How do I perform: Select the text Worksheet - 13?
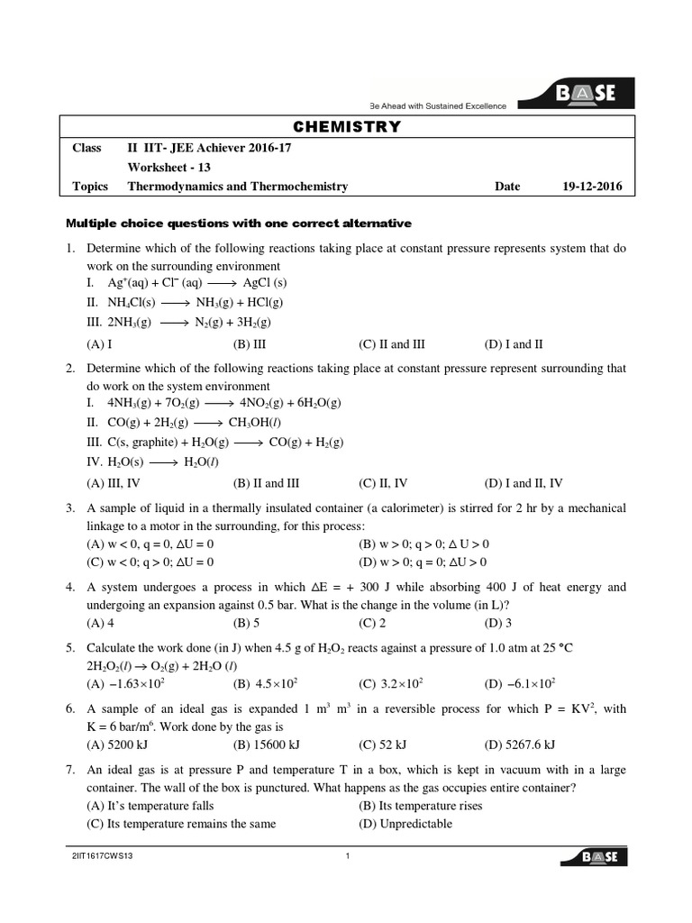click(170, 167)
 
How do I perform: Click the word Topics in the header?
click(90, 187)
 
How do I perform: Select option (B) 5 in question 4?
click(246, 622)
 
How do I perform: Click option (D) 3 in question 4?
click(497, 622)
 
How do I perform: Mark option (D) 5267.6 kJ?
click(519, 744)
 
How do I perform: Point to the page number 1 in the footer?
click(347, 856)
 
